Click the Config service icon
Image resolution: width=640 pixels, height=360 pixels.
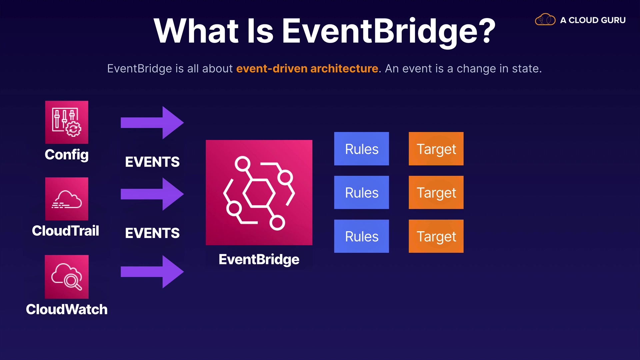click(x=67, y=122)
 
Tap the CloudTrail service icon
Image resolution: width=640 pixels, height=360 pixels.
click(x=67, y=199)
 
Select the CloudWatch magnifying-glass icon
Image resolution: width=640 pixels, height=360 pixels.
click(x=67, y=277)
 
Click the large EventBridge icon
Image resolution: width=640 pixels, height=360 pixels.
click(x=259, y=193)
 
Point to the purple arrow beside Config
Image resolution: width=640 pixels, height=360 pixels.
click(x=152, y=123)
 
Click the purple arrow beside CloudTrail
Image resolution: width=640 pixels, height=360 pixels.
click(x=152, y=194)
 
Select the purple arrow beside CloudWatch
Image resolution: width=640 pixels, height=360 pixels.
click(x=152, y=272)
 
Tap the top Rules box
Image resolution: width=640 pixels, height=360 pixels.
click(x=361, y=149)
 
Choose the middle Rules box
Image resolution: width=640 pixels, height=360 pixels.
click(x=361, y=192)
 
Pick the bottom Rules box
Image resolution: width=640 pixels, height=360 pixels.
click(x=361, y=236)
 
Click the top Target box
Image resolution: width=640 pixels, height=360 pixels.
click(x=436, y=149)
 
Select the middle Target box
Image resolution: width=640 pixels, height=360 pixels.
click(x=436, y=192)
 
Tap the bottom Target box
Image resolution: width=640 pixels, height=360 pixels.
click(x=436, y=236)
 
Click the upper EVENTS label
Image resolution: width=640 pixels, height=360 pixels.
click(x=152, y=162)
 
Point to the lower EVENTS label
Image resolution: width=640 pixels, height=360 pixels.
click(x=152, y=233)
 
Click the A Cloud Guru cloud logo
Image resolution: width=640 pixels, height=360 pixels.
click(x=545, y=20)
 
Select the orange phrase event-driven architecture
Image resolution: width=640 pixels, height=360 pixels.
click(x=307, y=68)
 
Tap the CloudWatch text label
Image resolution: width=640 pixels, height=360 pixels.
click(x=67, y=309)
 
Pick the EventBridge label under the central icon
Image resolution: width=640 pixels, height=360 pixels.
click(x=259, y=260)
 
